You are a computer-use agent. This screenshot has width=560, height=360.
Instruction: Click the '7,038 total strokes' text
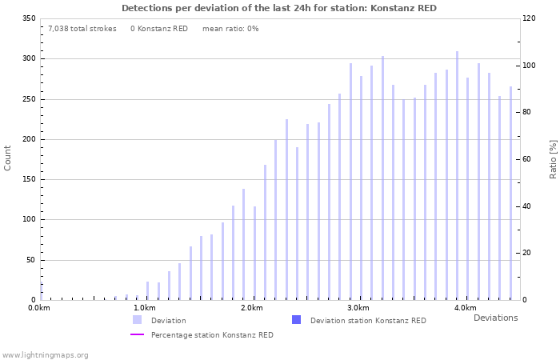(x=82, y=29)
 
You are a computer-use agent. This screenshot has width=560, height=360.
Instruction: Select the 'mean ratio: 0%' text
(x=230, y=29)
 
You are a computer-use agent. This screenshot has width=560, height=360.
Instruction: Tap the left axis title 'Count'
(x=8, y=158)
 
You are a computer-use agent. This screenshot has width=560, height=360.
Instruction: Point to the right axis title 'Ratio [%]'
(x=552, y=158)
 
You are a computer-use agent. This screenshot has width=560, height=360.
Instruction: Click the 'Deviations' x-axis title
(x=495, y=318)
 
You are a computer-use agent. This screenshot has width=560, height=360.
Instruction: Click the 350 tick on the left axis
(x=28, y=18)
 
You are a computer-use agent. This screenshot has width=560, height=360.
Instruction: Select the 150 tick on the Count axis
(x=28, y=179)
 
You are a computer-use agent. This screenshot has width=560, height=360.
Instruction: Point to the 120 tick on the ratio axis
(x=529, y=18)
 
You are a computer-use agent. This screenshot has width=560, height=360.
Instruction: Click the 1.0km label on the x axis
(x=144, y=308)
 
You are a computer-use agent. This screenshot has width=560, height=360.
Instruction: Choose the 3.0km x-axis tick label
(x=358, y=308)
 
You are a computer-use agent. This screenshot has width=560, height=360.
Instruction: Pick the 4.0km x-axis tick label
(x=465, y=308)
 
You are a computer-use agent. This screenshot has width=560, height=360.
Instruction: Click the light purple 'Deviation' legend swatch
(x=137, y=320)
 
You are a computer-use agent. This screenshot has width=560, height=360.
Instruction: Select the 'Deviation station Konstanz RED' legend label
(x=368, y=321)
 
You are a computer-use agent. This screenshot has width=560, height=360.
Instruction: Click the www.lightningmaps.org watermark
(x=45, y=355)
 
